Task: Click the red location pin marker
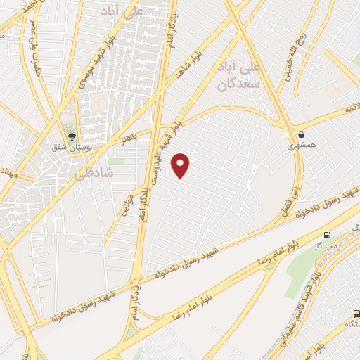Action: (x=181, y=165)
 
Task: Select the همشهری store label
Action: (x=301, y=146)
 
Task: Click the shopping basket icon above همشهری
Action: (x=301, y=134)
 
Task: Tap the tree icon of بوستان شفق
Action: (x=70, y=136)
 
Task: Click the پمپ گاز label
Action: (x=327, y=247)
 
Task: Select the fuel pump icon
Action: (x=327, y=236)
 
